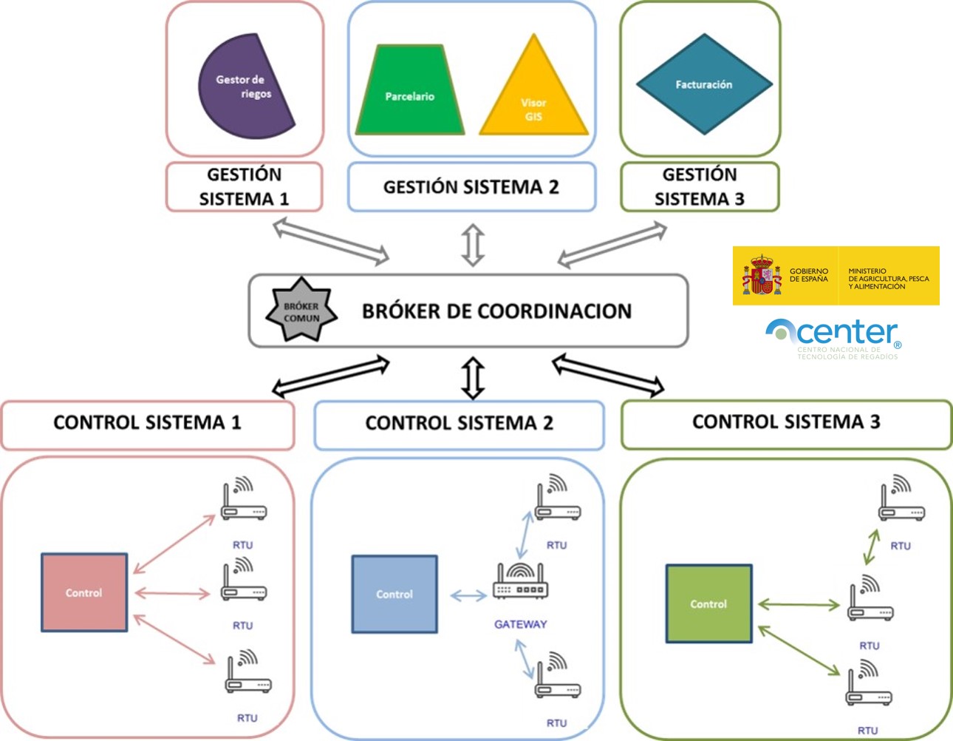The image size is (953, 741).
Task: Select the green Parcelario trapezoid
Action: pyautogui.click(x=409, y=92)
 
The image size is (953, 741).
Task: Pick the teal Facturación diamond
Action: pyautogui.click(x=703, y=84)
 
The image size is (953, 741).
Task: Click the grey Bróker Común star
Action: pyautogui.click(x=301, y=311)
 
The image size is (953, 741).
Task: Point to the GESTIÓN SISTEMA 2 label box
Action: pyautogui.click(x=471, y=187)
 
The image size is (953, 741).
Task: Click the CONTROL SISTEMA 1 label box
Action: pyautogui.click(x=148, y=423)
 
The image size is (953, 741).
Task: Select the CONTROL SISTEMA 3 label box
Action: pyautogui.click(x=786, y=422)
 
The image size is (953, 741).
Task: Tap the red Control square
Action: pyautogui.click(x=84, y=592)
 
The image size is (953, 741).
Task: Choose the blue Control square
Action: pyautogui.click(x=394, y=594)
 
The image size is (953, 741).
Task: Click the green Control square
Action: pyautogui.click(x=708, y=603)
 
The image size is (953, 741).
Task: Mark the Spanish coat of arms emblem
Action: pyautogui.click(x=762, y=276)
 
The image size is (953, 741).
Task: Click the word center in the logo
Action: pyautogui.click(x=847, y=333)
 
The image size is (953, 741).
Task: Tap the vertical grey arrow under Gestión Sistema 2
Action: pyautogui.click(x=473, y=245)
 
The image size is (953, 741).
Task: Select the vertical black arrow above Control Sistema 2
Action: pyautogui.click(x=473, y=378)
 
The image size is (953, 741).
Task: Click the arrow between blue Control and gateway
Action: pyautogui.click(x=468, y=595)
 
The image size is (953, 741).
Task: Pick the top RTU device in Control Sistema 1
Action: pyautogui.click(x=244, y=501)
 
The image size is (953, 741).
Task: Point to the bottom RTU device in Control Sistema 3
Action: pyautogui.click(x=869, y=686)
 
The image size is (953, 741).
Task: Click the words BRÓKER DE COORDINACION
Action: pyautogui.click(x=496, y=311)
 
